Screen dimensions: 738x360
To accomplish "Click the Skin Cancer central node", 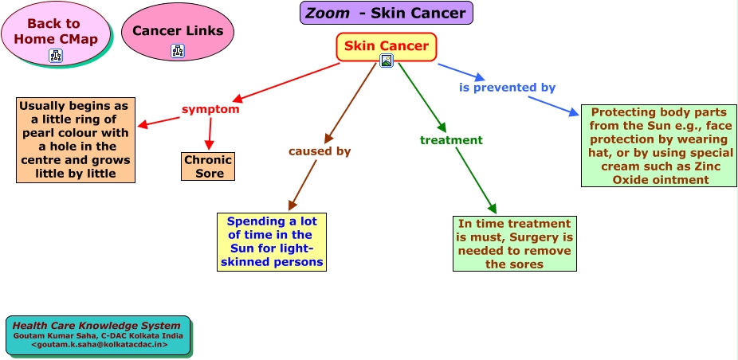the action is tap(386, 46).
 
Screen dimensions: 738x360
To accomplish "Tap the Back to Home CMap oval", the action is tap(56, 33).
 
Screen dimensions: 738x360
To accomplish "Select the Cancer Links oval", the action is tap(178, 32).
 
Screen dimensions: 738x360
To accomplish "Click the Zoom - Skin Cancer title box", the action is tap(386, 13).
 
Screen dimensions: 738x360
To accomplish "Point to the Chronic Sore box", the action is tap(207, 166).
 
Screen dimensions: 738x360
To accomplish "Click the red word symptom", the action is tap(210, 109).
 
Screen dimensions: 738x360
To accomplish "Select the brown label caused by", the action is tap(320, 151).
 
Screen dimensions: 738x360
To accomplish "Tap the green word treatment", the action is tap(451, 139).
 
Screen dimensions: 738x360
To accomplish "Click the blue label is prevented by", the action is tap(508, 88).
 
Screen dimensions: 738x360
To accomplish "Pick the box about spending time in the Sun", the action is tap(272, 242).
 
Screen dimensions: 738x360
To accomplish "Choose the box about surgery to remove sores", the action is tap(514, 244).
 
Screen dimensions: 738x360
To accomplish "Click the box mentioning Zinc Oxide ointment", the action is tap(659, 146).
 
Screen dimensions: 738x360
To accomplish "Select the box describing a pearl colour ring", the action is tap(76, 139).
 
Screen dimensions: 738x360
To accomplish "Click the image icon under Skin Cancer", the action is tap(387, 61).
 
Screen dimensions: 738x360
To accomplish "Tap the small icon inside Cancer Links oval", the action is tap(178, 51).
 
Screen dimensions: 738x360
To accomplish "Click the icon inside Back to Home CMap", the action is tap(56, 56).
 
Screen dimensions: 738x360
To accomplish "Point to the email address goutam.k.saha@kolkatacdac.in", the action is tap(99, 345).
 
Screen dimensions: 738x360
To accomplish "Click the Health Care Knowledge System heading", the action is tap(96, 326).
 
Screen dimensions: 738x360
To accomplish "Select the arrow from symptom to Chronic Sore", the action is tap(210, 134).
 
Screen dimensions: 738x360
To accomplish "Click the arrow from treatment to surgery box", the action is tap(476, 181).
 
